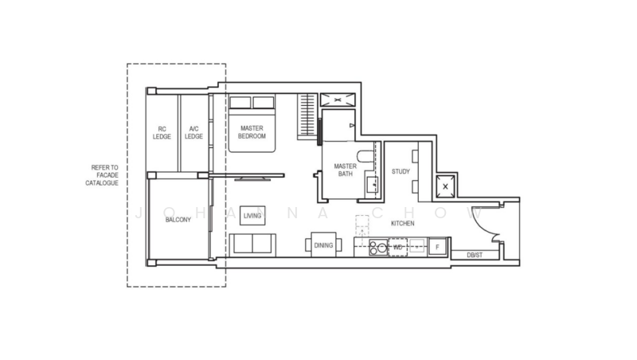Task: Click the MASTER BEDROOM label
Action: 253,131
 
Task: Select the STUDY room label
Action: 401,171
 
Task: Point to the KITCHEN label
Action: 402,224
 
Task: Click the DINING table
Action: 323,245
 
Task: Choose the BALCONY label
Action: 178,219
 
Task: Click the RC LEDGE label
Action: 162,132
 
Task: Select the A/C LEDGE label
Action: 193,132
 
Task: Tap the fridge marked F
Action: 437,248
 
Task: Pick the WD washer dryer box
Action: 397,248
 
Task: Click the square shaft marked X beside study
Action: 445,186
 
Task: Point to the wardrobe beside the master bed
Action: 307,116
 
